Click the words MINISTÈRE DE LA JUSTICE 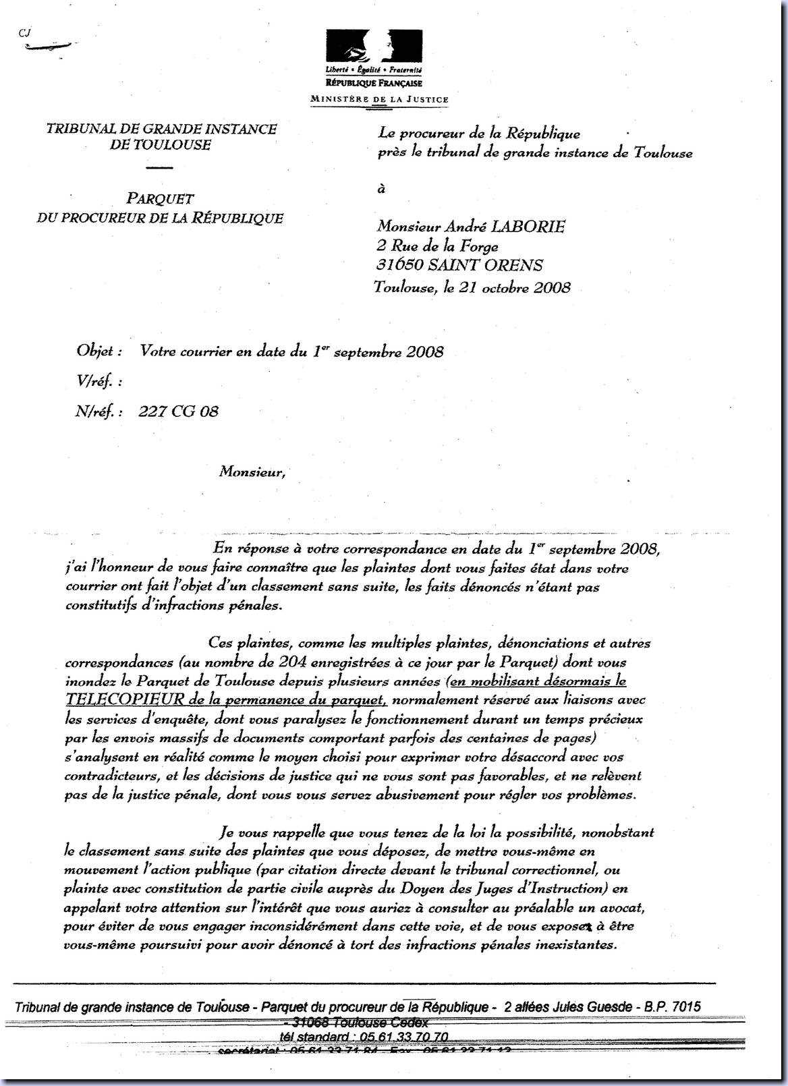(378, 99)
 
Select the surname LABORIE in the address (529, 227)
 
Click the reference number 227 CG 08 (178, 411)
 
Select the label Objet (99, 351)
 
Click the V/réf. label (98, 382)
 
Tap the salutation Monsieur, (252, 472)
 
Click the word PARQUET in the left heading (160, 199)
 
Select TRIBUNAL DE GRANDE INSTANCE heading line (161, 130)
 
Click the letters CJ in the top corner (26, 32)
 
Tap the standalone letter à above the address (381, 190)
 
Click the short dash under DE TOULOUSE (159, 167)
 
